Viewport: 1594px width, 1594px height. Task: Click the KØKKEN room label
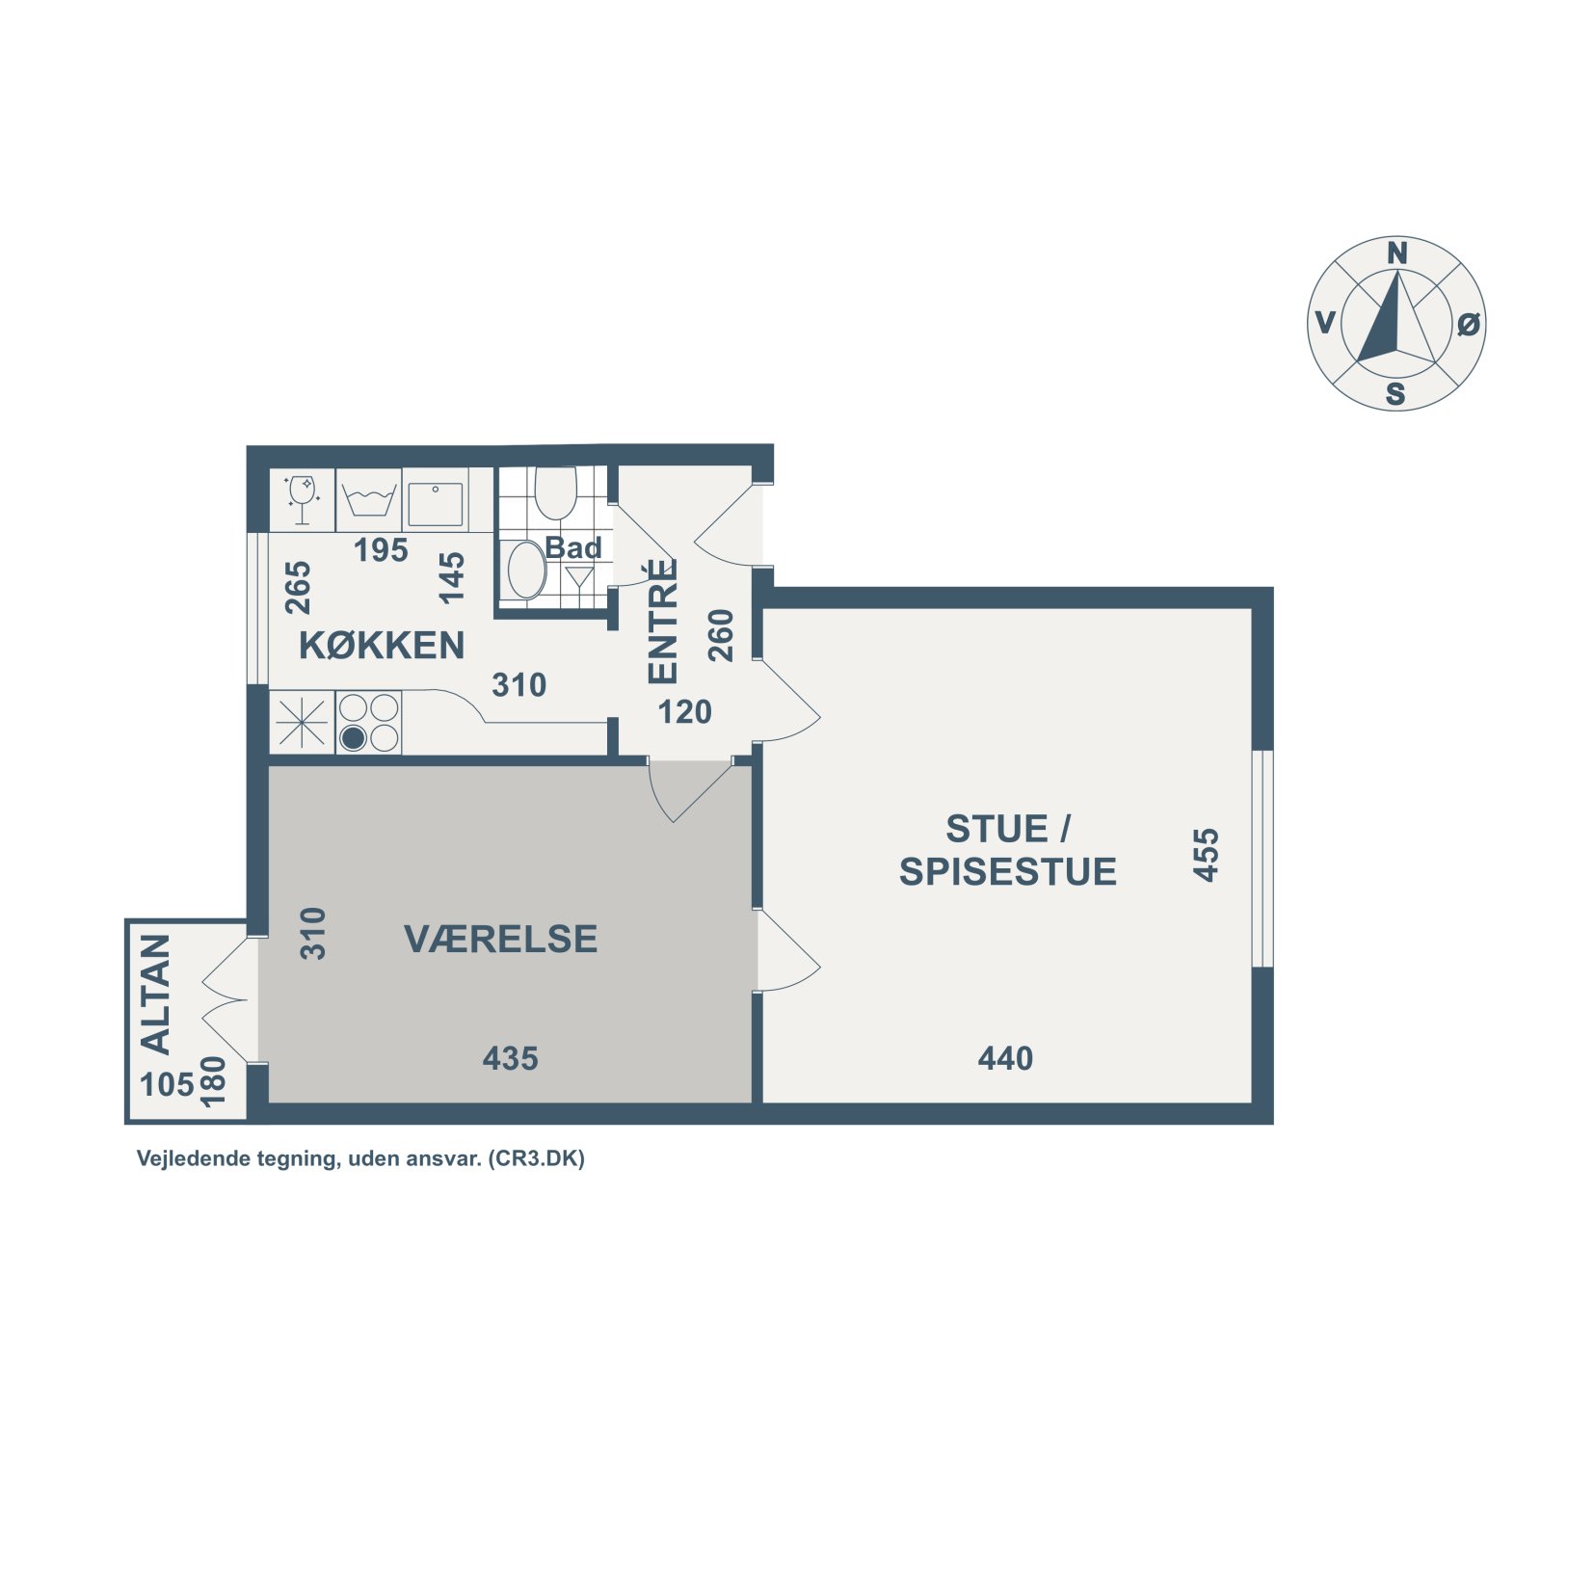click(382, 646)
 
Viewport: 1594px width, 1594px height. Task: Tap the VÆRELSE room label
click(501, 939)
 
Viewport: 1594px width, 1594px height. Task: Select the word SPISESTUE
click(1008, 871)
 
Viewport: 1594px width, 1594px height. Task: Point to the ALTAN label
click(156, 994)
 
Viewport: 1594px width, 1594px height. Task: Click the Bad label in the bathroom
click(573, 547)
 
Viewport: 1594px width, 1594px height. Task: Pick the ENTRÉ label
click(663, 622)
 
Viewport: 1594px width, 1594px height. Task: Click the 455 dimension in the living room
click(1206, 855)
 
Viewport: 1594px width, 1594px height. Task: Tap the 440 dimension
click(1005, 1059)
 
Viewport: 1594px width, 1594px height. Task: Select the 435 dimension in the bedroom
click(511, 1059)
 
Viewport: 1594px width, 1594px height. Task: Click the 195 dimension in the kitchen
click(381, 550)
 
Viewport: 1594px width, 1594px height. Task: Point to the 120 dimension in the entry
click(684, 712)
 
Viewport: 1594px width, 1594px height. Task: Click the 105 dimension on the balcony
click(168, 1085)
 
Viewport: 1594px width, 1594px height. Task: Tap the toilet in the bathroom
click(555, 492)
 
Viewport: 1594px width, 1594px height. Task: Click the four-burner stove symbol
click(369, 723)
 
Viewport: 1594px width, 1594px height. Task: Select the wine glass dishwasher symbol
click(302, 499)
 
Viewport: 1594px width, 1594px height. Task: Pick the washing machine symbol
click(369, 500)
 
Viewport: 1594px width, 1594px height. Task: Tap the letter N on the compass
click(1396, 253)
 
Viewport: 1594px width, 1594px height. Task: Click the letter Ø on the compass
click(1468, 325)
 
